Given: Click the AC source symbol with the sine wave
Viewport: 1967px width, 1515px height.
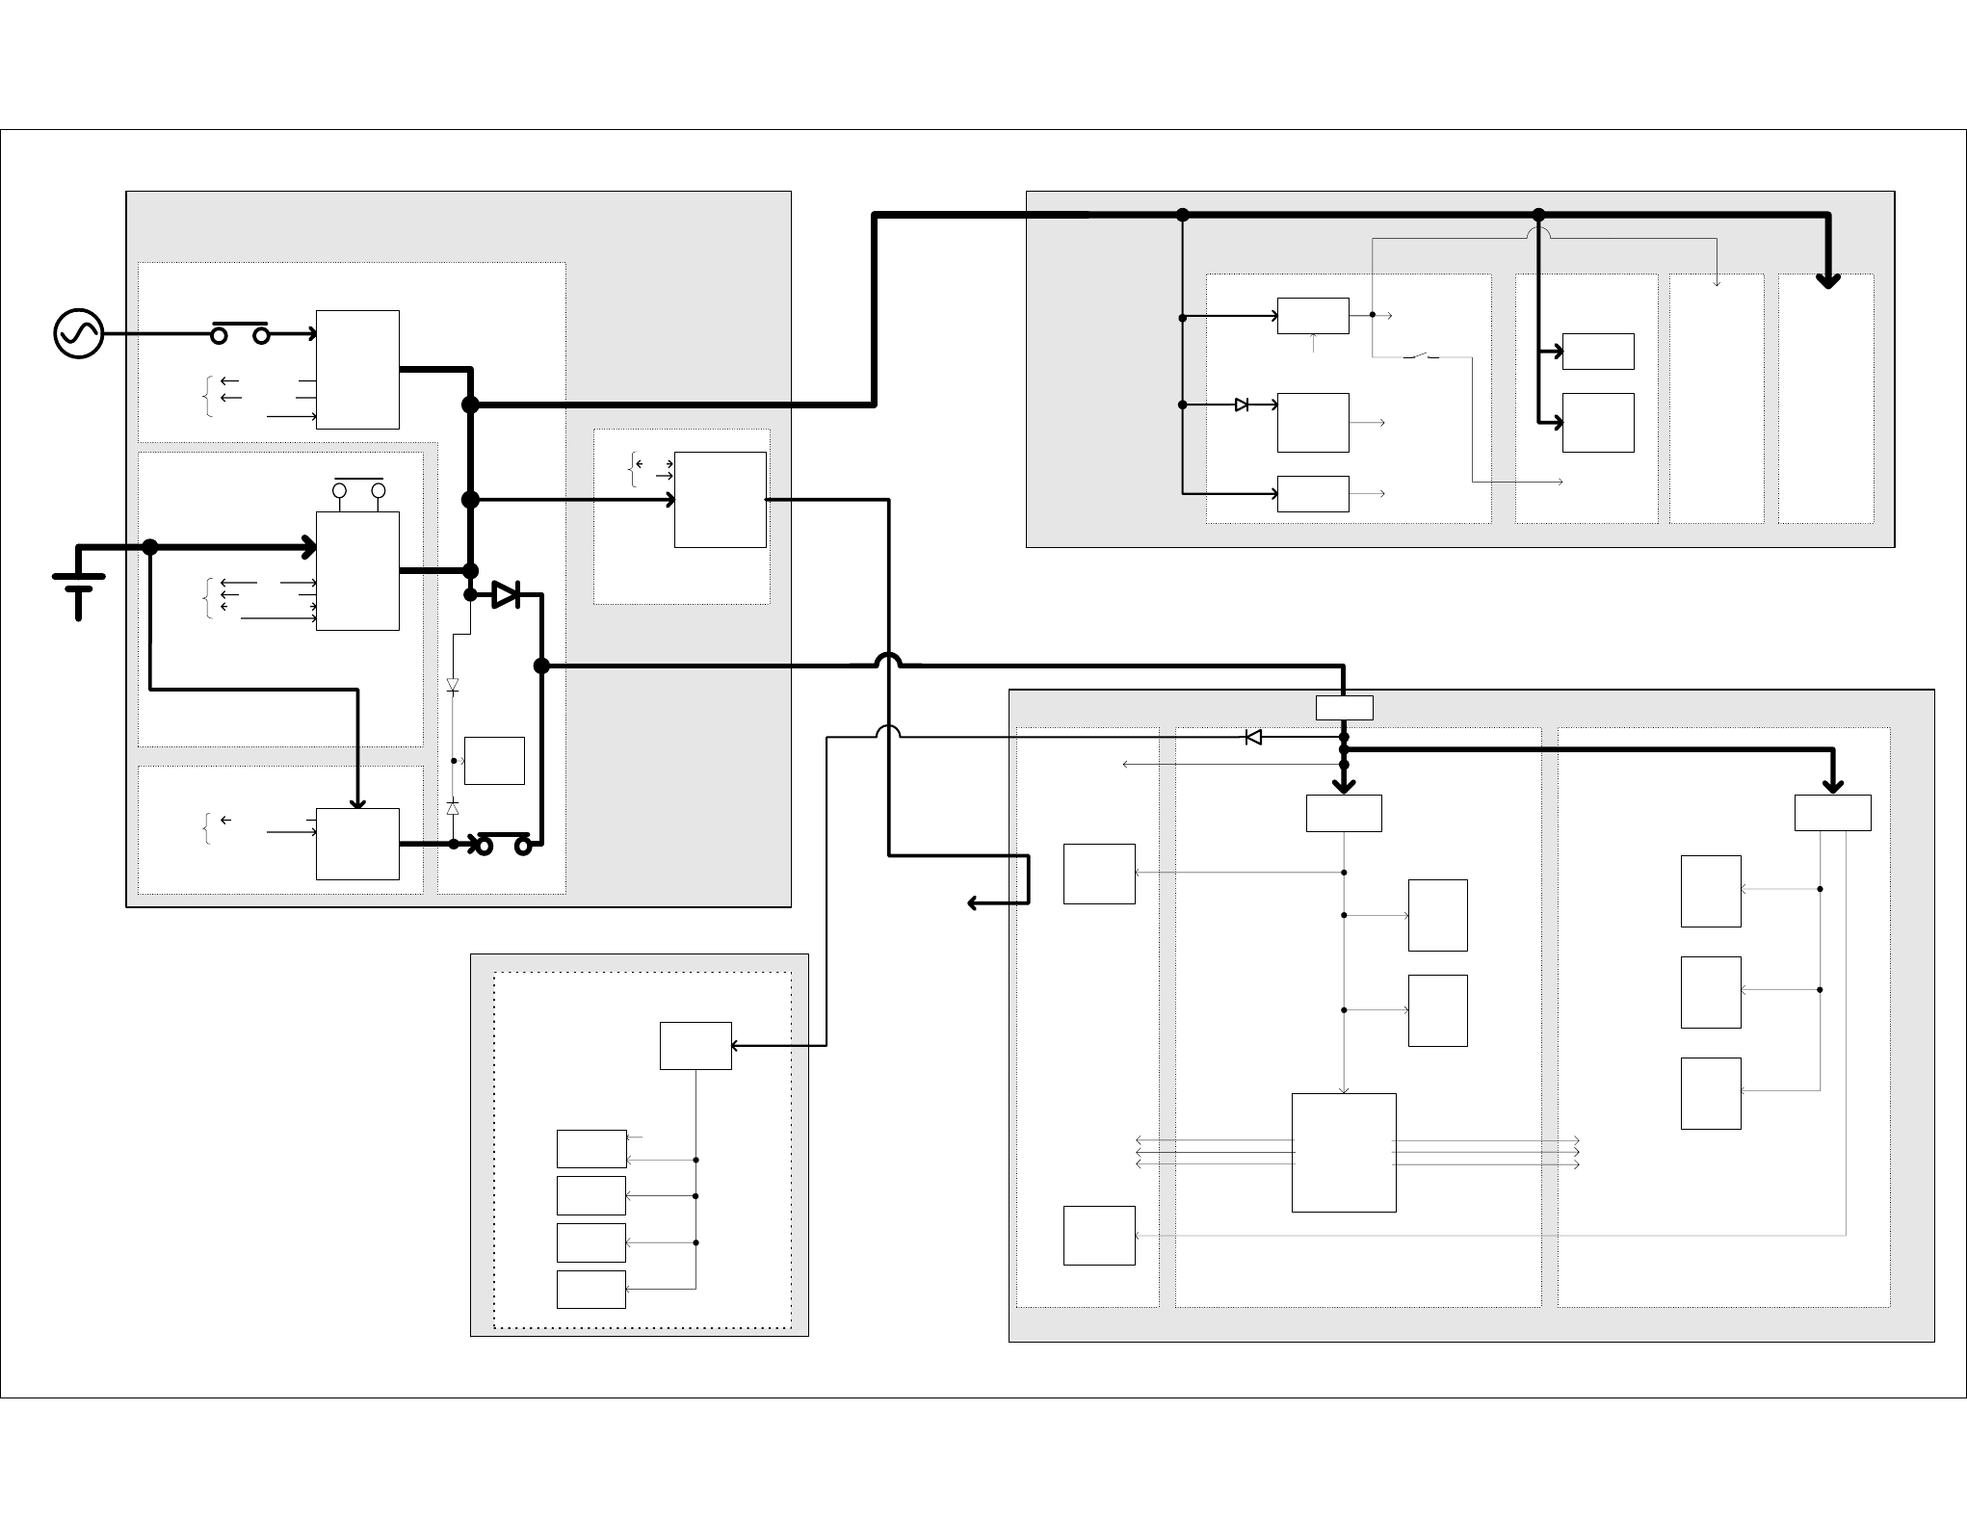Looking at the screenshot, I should [79, 334].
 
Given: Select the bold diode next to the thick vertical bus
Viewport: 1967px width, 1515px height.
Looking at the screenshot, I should [506, 595].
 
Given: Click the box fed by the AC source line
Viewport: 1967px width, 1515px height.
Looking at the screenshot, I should [357, 369].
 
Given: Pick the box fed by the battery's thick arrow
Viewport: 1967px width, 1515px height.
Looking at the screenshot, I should [357, 570].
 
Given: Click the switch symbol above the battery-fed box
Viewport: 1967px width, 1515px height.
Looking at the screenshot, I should [358, 487].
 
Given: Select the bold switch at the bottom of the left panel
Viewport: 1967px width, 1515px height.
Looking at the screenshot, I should [503, 844].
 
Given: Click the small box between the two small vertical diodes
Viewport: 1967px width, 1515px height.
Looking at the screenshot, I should [494, 761].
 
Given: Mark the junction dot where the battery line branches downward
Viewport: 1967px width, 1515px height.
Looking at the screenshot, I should [150, 547].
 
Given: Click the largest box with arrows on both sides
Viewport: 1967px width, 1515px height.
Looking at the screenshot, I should [1343, 1152].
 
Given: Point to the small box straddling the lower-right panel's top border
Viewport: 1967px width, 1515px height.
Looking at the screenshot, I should [1344, 708].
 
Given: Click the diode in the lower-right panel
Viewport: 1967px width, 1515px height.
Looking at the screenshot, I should [1253, 737].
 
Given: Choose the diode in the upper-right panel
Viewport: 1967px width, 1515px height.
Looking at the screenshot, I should [1242, 405].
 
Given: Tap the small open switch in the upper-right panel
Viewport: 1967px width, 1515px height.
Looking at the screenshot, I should [1421, 357].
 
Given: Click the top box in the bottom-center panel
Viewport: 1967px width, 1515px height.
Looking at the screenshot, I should [695, 1045].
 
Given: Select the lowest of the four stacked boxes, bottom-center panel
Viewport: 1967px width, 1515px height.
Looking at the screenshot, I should [590, 1289].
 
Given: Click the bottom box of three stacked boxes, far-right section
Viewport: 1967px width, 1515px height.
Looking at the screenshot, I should [1710, 1093].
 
